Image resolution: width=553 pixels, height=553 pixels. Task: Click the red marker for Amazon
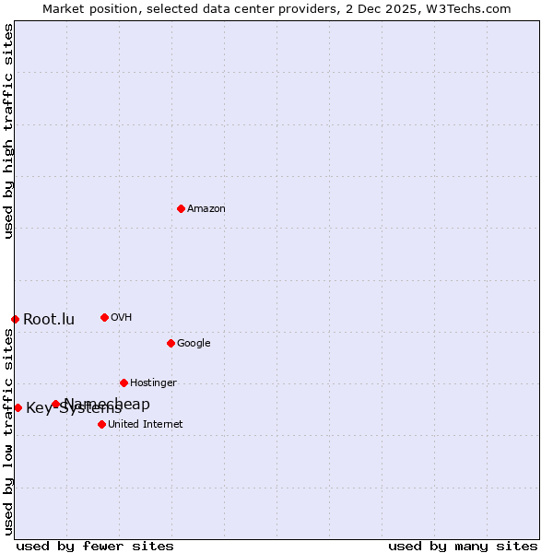tap(181, 208)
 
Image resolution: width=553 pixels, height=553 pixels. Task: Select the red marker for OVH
tap(104, 317)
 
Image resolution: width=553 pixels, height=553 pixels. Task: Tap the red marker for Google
tap(171, 343)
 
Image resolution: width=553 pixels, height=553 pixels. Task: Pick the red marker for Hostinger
tap(124, 382)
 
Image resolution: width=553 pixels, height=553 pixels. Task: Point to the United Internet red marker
tap(101, 424)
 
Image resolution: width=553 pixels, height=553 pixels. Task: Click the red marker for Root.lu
tap(15, 319)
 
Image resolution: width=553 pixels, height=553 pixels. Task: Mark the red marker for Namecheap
tap(55, 404)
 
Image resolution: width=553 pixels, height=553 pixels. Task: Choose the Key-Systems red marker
tap(18, 407)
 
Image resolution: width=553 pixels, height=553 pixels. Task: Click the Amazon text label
tap(206, 209)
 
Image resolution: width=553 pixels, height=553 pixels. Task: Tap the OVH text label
tap(122, 318)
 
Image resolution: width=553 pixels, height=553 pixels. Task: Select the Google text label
tap(194, 344)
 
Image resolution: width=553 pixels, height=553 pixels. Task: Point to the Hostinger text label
tap(153, 383)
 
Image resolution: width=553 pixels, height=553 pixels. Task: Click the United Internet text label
tap(146, 425)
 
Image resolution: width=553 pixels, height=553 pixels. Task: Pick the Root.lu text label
tap(49, 320)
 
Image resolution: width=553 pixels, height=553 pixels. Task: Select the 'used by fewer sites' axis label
tap(95, 546)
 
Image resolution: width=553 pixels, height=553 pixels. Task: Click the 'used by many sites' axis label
tap(463, 546)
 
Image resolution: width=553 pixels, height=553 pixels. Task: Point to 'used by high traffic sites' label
tap(8, 131)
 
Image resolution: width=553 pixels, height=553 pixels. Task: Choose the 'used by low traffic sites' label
tap(8, 431)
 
